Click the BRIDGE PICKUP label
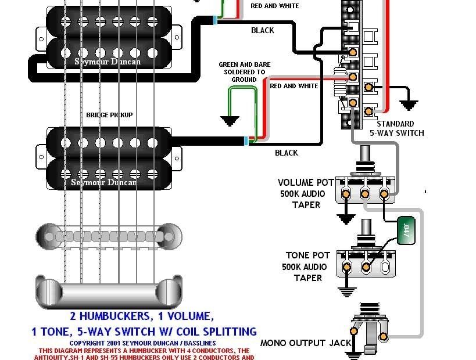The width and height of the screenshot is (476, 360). click(x=109, y=115)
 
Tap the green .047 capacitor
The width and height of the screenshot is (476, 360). click(x=406, y=228)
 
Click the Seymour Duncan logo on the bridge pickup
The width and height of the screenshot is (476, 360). click(x=105, y=182)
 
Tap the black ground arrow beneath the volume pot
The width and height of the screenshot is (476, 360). click(x=347, y=219)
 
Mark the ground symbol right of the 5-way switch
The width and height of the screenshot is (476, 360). click(x=409, y=105)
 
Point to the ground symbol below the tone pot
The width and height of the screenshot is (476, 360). click(x=346, y=293)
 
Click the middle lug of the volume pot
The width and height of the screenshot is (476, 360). click(x=366, y=193)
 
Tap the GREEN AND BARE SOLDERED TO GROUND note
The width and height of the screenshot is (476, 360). click(x=244, y=72)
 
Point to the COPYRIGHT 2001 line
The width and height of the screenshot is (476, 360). click(x=142, y=344)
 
